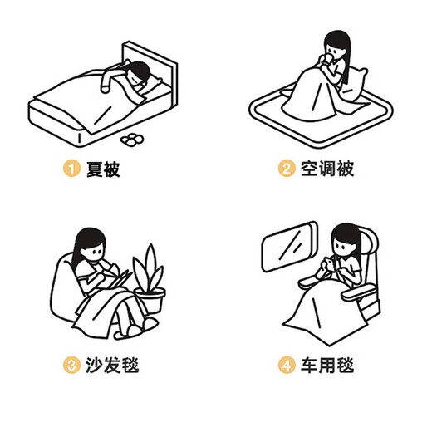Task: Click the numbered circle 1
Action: coord(71,169)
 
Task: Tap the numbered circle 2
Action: coord(287,169)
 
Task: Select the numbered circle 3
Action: coord(71,364)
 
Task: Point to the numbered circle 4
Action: coord(287,364)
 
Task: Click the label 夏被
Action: coord(102,169)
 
